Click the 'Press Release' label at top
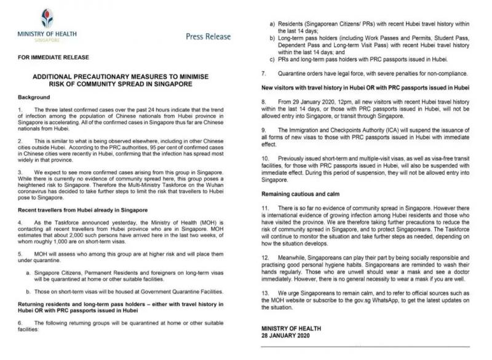click(x=208, y=36)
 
